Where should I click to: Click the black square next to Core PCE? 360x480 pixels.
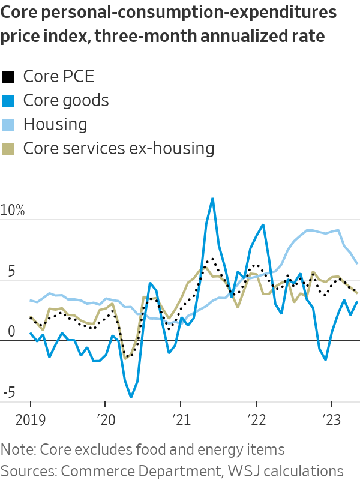[8, 77]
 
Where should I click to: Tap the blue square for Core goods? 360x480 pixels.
[8, 101]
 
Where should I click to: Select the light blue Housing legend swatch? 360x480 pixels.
[8, 125]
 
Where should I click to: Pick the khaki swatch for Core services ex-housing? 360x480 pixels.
[8, 149]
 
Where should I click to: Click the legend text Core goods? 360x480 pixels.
[66, 100]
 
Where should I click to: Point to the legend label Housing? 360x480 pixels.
[55, 125]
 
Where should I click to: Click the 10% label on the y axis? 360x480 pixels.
[13, 211]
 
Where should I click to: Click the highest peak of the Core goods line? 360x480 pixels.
[212, 199]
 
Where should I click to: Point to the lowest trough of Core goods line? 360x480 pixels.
[131, 397]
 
